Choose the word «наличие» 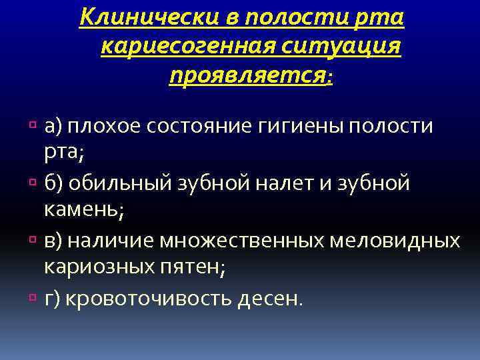(116, 240)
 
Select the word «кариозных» (97, 267)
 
